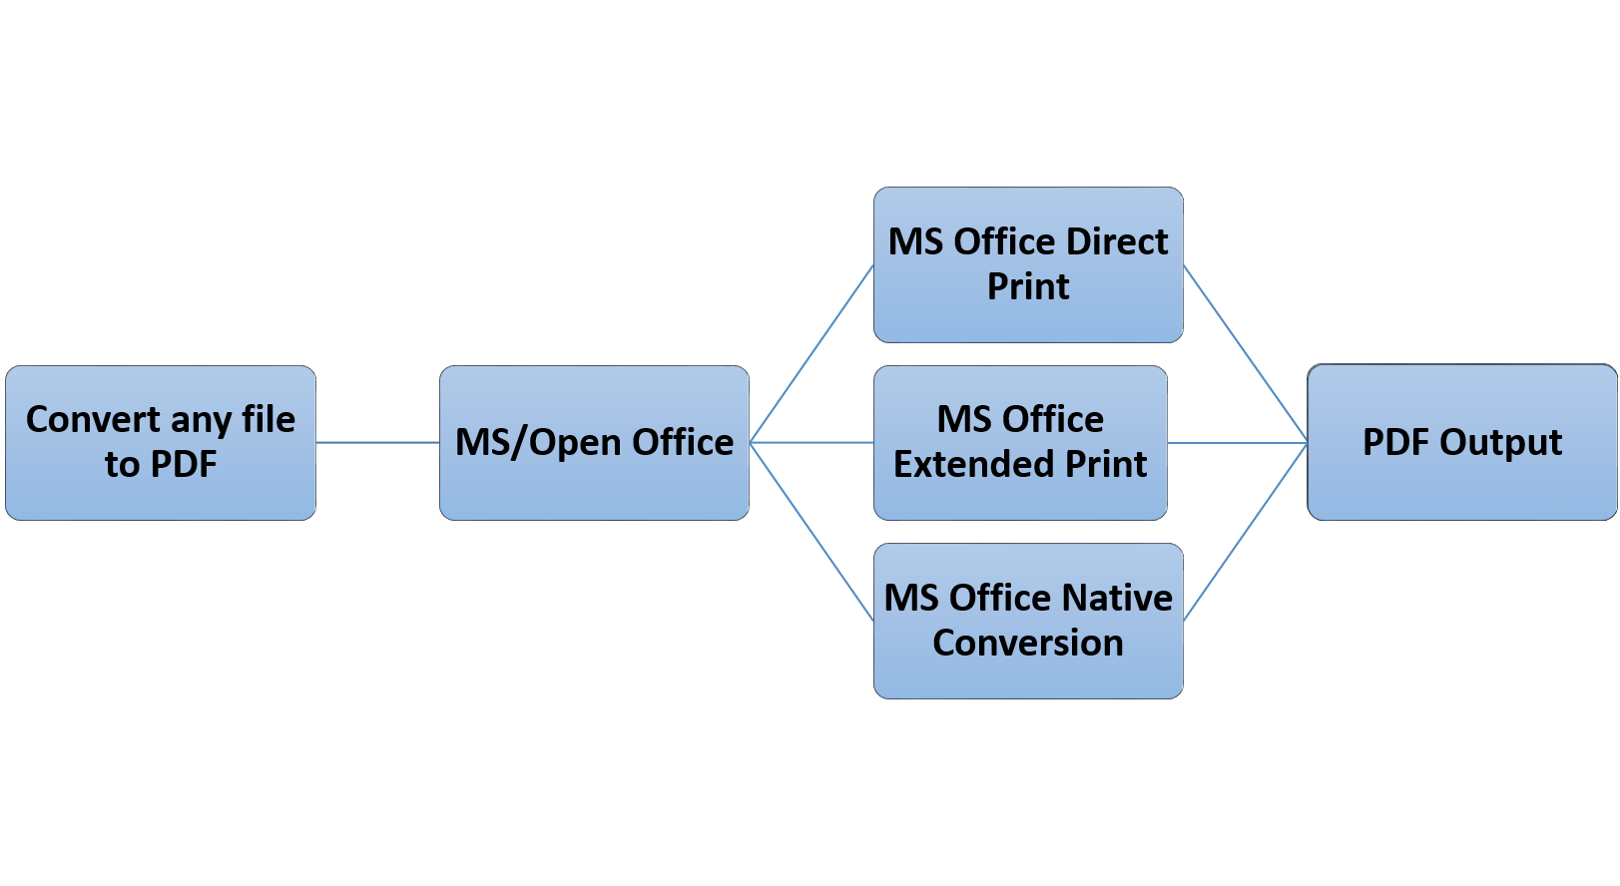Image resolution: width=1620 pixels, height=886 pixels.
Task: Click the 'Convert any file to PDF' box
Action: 161,442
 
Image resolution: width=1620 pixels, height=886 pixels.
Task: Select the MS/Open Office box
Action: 594,442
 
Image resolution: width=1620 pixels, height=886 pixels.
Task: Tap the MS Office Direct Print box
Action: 1028,264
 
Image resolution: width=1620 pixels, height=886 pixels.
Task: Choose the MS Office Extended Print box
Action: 1020,442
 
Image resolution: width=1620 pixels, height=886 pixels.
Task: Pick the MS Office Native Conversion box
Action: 1028,621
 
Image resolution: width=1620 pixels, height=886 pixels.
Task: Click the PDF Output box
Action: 1461,442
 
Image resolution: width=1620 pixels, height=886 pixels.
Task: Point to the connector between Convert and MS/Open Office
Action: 377,442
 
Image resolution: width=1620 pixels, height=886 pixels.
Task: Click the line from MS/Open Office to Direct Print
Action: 811,354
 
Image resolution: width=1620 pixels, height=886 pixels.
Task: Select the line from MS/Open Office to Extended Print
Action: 811,442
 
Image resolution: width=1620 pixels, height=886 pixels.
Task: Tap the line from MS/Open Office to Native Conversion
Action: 811,532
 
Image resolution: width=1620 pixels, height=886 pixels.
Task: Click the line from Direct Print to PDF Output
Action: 1245,354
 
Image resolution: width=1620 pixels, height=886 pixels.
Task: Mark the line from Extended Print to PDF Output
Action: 1237,442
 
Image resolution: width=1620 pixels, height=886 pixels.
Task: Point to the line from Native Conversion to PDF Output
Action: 1245,532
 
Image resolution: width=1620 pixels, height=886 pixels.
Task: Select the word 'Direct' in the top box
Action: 1116,241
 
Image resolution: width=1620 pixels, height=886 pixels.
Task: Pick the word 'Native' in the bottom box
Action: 1116,598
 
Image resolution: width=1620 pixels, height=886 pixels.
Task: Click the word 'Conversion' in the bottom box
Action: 1028,644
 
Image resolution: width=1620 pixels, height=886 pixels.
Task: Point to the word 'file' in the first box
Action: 268,420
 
